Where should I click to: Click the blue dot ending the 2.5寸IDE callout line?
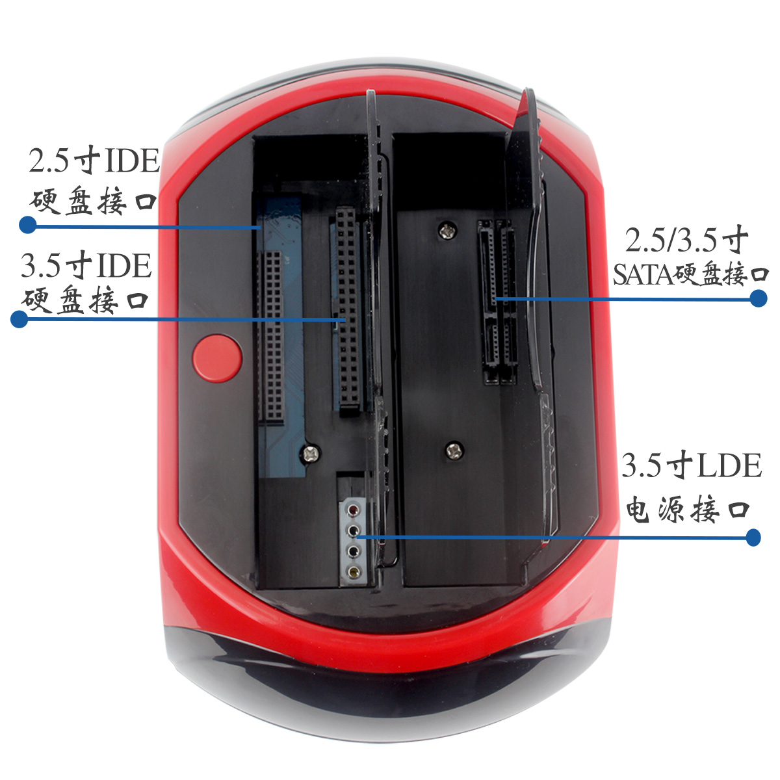27,225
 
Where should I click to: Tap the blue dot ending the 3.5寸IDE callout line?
19,319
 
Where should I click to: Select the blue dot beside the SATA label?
758,298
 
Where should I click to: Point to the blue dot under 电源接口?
753,538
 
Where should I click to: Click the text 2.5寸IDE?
94,161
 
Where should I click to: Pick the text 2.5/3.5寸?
687,240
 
